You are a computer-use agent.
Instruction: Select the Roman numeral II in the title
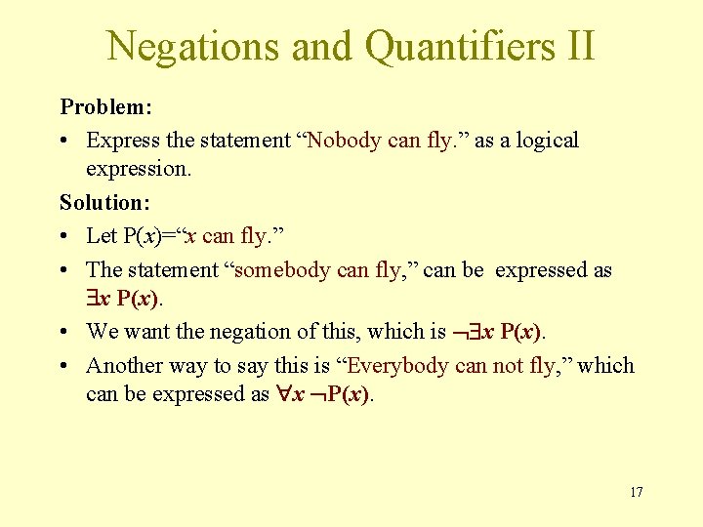576,45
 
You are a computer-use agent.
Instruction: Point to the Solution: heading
103,202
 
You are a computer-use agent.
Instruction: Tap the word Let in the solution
102,235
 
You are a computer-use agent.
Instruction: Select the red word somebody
285,269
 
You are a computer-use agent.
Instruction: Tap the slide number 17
636,492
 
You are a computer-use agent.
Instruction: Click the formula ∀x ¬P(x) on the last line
323,395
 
